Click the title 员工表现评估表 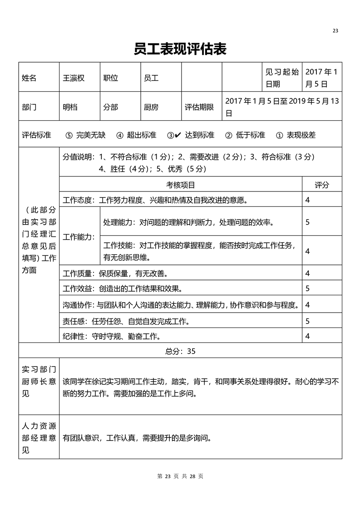point(180,49)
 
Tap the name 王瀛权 point(74,78)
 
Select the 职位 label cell point(111,78)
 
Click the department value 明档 point(70,108)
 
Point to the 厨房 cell point(151,108)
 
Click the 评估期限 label point(199,108)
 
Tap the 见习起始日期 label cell point(282,78)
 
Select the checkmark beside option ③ point(178,135)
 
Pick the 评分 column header point(322,185)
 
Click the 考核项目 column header point(181,185)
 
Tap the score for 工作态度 point(308,200)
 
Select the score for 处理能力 point(308,222)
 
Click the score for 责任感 point(308,321)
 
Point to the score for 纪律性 point(308,336)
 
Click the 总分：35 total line point(180,351)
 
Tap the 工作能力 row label point(79,236)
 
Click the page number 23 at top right point(335,31)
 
